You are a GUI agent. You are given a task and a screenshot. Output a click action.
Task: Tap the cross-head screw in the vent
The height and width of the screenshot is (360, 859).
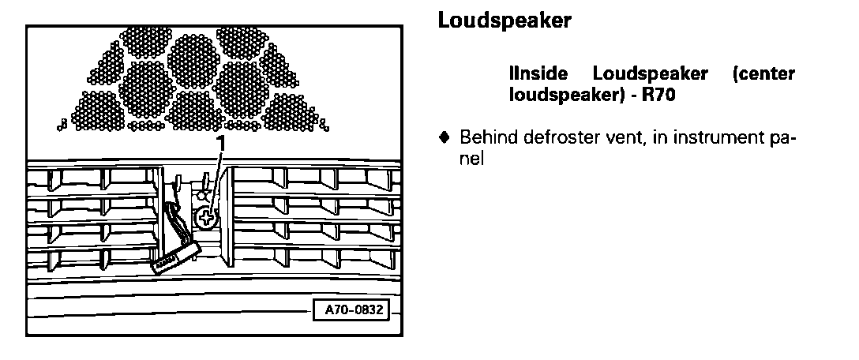point(207,217)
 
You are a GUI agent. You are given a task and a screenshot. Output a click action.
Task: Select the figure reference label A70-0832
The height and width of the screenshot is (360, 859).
point(353,309)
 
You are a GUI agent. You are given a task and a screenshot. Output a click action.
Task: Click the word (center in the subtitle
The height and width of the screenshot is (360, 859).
point(763,75)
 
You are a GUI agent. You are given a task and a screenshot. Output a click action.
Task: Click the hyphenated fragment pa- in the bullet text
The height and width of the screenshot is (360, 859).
point(784,137)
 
